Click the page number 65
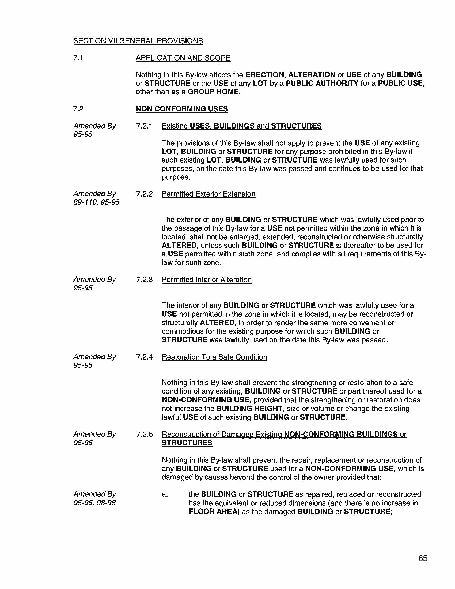(x=423, y=558)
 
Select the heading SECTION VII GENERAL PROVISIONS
(x=138, y=41)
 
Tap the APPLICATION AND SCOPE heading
(x=183, y=58)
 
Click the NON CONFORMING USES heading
(x=182, y=109)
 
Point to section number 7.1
(x=78, y=58)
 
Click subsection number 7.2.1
(x=144, y=126)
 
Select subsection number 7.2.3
(x=144, y=280)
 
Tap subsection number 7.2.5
(x=144, y=435)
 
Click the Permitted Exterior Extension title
(x=208, y=194)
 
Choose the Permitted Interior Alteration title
(x=206, y=280)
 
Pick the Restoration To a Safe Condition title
(x=214, y=357)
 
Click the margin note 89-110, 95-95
(x=96, y=203)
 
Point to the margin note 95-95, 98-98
(x=94, y=503)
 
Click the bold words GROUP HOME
(x=213, y=92)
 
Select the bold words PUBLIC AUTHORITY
(x=322, y=83)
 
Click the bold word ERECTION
(x=264, y=75)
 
